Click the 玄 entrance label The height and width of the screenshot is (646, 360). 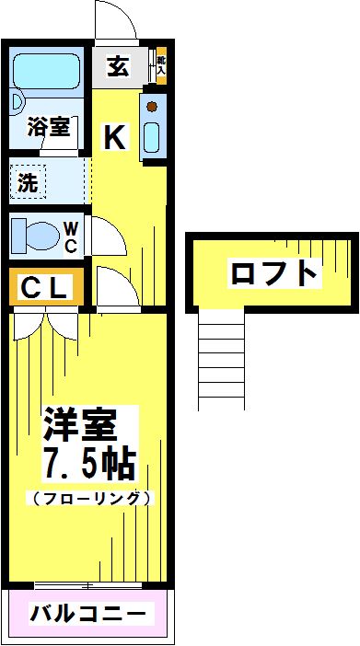(117, 66)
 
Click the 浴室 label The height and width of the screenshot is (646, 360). (48, 127)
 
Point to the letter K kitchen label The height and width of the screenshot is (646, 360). (114, 137)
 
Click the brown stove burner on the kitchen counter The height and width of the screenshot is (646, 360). (153, 107)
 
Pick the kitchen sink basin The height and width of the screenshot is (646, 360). (153, 137)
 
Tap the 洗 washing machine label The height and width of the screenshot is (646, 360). (29, 183)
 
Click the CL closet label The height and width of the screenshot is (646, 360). (44, 288)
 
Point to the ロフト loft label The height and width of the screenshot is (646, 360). (273, 272)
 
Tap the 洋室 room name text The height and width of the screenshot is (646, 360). (81, 425)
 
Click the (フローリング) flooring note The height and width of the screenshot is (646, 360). (89, 499)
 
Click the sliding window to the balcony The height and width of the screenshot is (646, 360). (88, 584)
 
